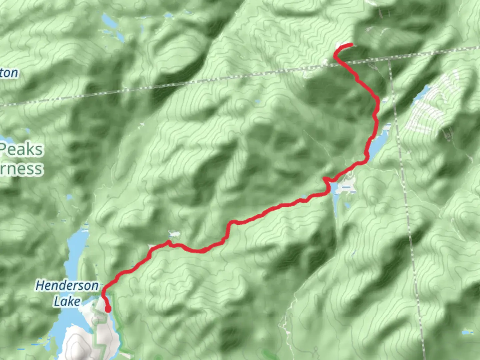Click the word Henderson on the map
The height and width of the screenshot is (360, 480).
[67, 286]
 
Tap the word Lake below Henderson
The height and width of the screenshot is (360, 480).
[67, 301]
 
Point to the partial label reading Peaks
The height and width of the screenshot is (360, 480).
[22, 150]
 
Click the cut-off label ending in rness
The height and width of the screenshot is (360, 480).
[21, 169]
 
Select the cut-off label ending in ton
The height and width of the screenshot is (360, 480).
[9, 73]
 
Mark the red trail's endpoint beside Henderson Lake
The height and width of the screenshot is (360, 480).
[108, 310]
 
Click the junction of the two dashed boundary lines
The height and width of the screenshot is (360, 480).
[389, 59]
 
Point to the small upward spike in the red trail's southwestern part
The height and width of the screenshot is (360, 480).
[169, 242]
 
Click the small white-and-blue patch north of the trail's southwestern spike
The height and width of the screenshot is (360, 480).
[174, 233]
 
